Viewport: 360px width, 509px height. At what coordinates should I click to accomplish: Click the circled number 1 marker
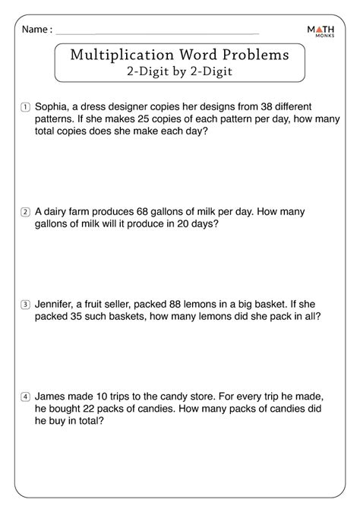point(25,106)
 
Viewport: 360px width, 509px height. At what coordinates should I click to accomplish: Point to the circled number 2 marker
point(25,212)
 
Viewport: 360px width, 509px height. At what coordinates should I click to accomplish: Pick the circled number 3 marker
point(25,305)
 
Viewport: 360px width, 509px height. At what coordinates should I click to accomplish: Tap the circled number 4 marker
point(25,397)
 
